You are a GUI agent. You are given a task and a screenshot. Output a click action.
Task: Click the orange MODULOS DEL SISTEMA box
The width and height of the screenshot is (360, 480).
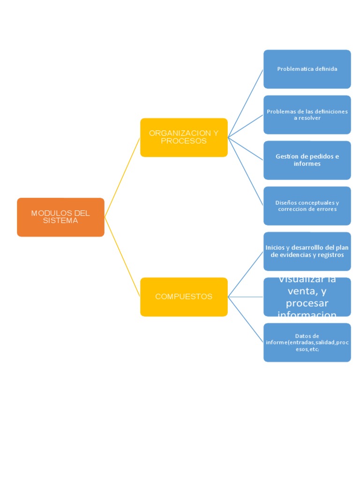click(x=60, y=217)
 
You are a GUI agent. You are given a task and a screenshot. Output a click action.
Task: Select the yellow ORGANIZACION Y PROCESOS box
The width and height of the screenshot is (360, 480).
click(x=184, y=137)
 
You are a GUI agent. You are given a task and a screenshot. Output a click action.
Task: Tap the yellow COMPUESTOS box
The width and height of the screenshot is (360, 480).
click(x=184, y=297)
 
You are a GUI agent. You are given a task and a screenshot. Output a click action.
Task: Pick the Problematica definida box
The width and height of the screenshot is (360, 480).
click(x=307, y=69)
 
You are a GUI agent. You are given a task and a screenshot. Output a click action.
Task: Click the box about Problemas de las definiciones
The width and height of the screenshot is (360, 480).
click(x=307, y=115)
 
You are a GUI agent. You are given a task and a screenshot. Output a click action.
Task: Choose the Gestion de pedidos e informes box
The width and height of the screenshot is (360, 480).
click(x=307, y=160)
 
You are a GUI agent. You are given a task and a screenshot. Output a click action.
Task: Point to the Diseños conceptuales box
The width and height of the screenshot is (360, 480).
click(x=307, y=206)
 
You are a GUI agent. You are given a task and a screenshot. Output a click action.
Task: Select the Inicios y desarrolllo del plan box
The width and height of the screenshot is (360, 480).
click(x=307, y=251)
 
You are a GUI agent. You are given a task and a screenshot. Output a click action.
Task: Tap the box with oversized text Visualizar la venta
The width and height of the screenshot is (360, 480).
click(x=307, y=297)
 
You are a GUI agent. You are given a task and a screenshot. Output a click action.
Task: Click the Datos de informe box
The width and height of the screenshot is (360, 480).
click(x=307, y=342)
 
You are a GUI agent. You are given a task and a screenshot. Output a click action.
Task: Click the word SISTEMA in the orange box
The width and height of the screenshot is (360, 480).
click(x=60, y=221)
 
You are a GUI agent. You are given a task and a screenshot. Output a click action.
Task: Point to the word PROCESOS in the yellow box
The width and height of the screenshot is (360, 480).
click(x=184, y=141)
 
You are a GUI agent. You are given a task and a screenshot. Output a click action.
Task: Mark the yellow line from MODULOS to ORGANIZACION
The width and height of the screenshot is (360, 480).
click(x=122, y=177)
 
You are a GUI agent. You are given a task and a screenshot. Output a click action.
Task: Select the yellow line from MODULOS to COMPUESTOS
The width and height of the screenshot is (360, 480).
click(x=122, y=257)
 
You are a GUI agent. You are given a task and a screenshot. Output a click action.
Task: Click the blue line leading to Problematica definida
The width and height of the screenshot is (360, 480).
click(x=246, y=103)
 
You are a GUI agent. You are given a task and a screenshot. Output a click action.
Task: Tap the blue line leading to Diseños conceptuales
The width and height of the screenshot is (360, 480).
click(x=246, y=172)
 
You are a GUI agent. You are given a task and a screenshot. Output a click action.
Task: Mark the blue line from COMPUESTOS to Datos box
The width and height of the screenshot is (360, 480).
click(x=246, y=319)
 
